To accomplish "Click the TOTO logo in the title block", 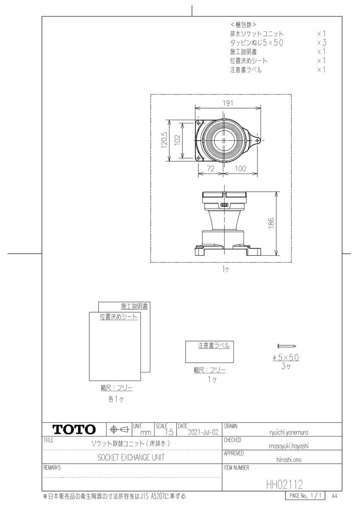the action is click(x=74, y=429).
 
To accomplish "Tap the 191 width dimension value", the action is click(x=228, y=103).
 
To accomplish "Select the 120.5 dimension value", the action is click(x=164, y=140).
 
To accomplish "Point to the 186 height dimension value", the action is click(x=271, y=223).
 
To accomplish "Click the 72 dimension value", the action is click(x=211, y=169).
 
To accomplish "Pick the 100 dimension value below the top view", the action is click(x=240, y=169).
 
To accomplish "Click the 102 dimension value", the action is click(x=177, y=140).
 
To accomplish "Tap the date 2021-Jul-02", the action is click(x=203, y=432).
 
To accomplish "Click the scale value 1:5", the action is click(x=169, y=432).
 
